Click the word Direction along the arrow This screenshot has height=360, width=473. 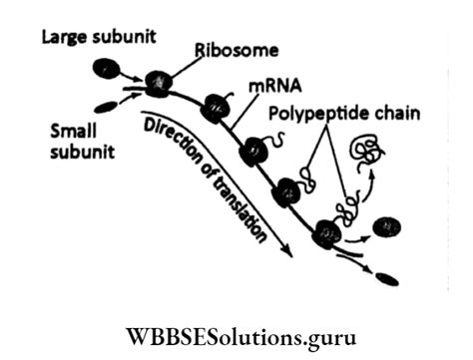point(176,141)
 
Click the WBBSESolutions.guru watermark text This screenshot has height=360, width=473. point(236,328)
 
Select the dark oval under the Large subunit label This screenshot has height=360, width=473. point(105,68)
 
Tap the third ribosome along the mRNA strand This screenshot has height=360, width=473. point(254,151)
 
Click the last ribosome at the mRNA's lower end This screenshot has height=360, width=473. point(325,235)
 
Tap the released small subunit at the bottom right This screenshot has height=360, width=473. point(387,280)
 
